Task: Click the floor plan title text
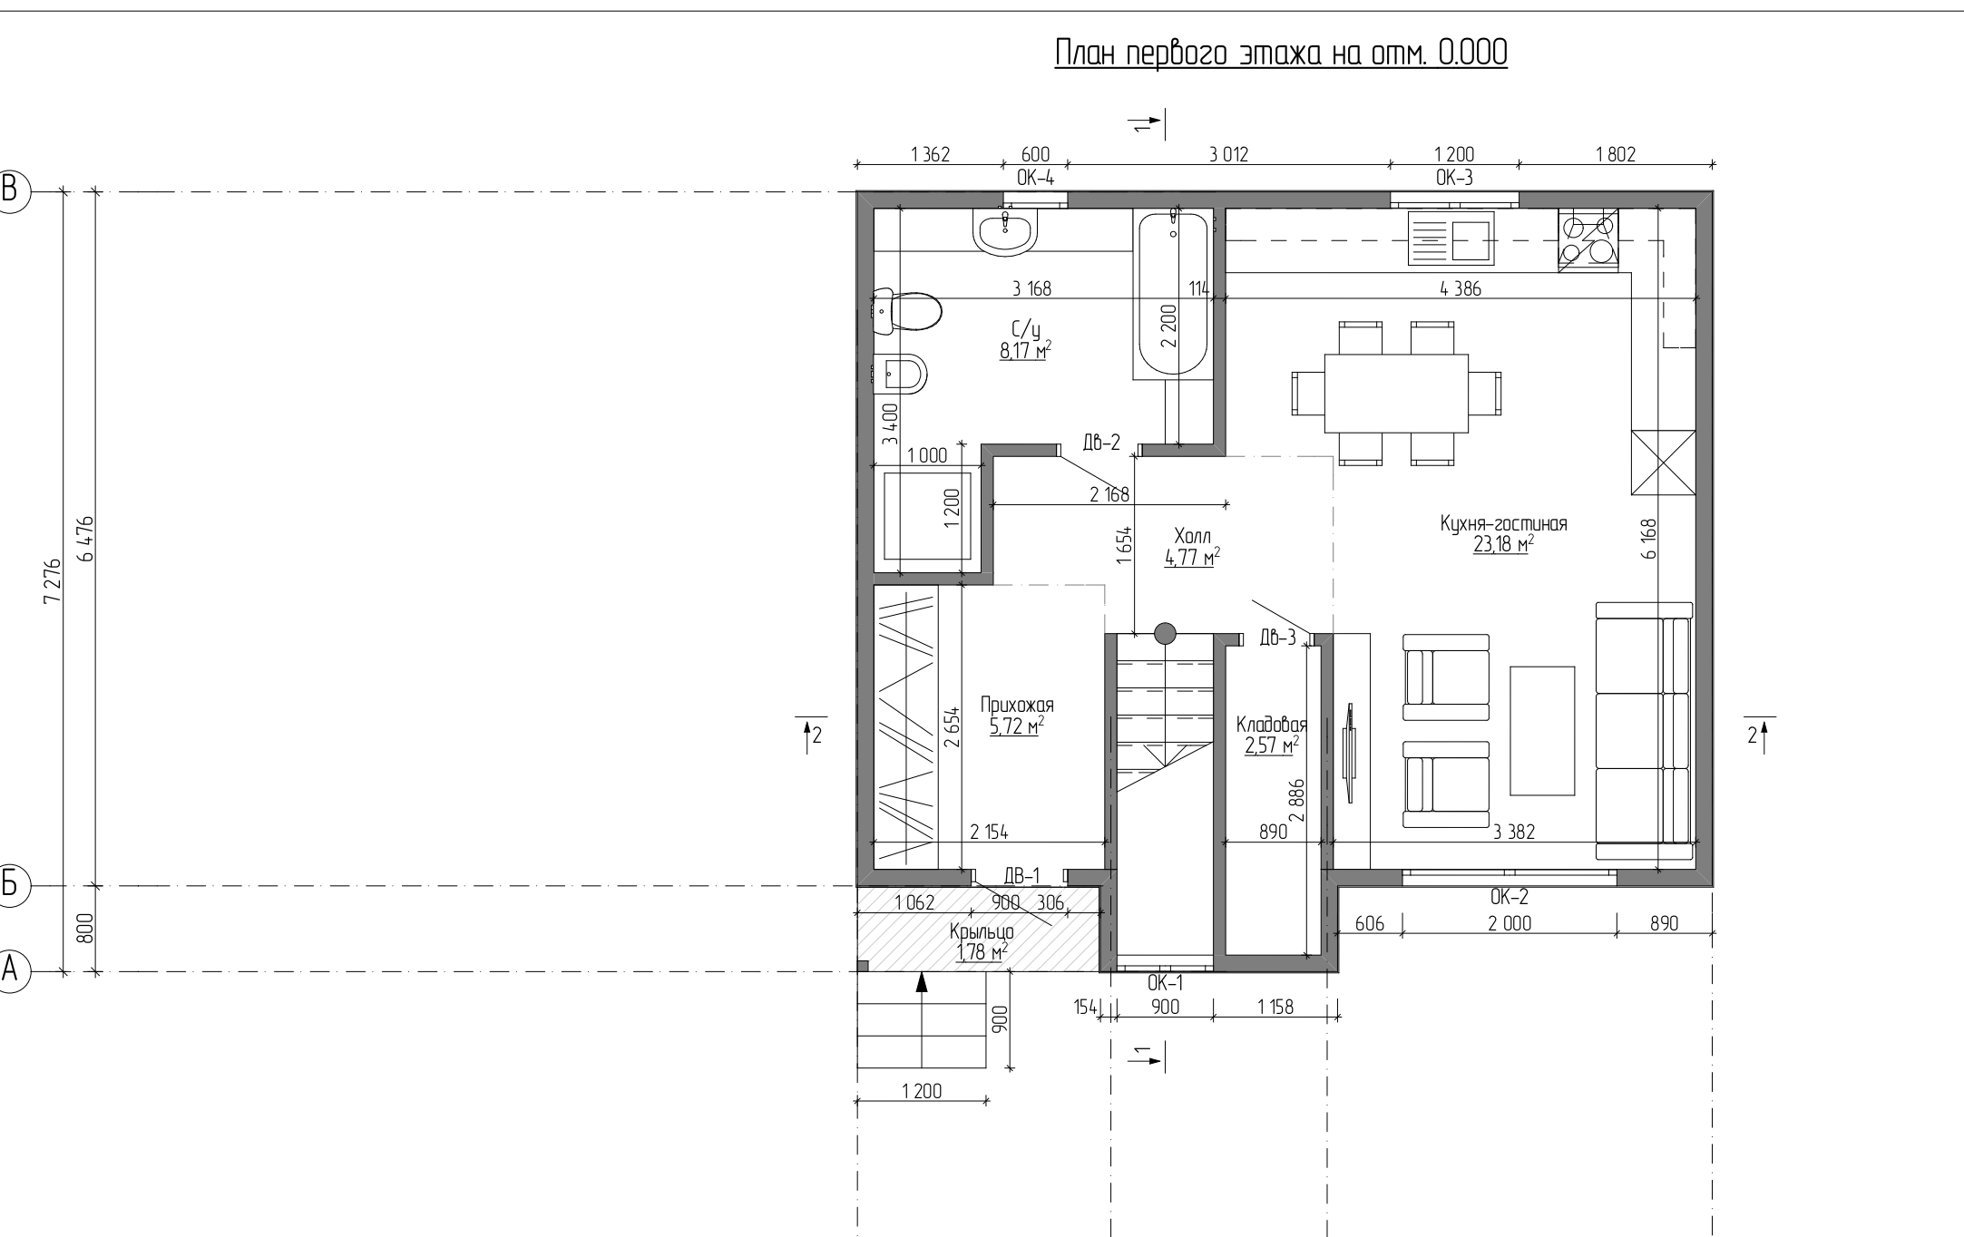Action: [x=1281, y=54]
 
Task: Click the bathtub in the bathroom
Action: [x=1171, y=294]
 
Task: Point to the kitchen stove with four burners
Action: [x=1588, y=239]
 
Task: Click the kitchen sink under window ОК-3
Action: [x=1450, y=238]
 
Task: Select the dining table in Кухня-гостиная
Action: [x=1396, y=394]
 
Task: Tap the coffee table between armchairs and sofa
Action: [x=1541, y=731]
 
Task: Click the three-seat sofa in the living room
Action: [x=1644, y=731]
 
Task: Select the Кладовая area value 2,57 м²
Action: [x=1272, y=745]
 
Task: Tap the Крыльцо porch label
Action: [x=982, y=931]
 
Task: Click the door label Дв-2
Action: [x=1101, y=443]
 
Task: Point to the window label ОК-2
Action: [x=1510, y=897]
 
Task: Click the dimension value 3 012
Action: [x=1228, y=155]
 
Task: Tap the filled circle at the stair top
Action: [x=1165, y=633]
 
